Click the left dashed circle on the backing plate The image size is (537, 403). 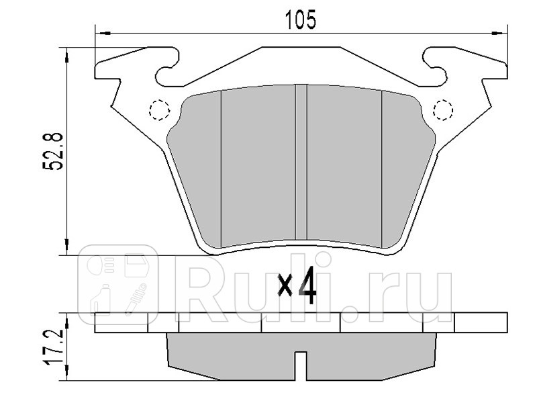click(x=159, y=109)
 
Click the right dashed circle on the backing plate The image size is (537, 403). click(x=443, y=109)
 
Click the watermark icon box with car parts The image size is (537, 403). click(x=120, y=283)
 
